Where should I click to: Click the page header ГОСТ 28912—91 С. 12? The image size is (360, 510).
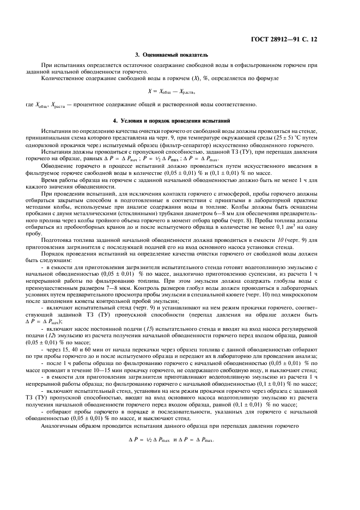point(302,39)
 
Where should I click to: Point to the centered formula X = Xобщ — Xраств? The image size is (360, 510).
point(179,91)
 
